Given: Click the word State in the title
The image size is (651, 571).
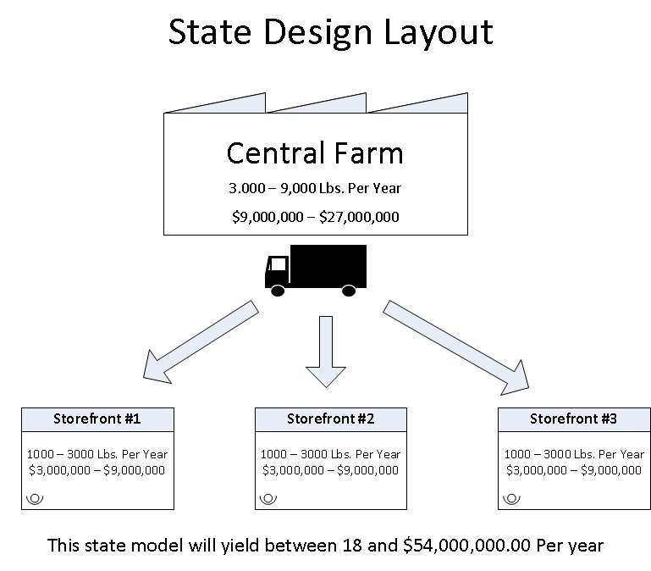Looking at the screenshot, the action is [x=210, y=31].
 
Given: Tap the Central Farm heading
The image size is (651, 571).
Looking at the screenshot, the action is [x=315, y=153].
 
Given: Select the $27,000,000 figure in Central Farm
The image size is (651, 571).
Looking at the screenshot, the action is [x=359, y=217].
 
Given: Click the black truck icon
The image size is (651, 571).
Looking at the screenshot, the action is [x=316, y=270].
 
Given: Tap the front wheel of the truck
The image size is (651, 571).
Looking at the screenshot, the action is [x=278, y=291].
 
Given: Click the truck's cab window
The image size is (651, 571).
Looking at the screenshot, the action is [x=279, y=264].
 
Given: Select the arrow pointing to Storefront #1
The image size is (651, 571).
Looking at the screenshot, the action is [x=201, y=341].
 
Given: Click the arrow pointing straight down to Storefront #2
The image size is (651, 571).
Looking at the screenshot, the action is [x=326, y=352].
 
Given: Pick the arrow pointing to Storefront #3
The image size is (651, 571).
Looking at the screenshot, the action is [x=455, y=348].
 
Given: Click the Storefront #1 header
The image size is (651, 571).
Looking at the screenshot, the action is [x=97, y=419].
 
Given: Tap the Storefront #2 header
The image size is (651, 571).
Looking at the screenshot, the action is [x=331, y=419].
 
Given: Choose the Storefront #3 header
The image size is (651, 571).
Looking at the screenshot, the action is [x=574, y=419].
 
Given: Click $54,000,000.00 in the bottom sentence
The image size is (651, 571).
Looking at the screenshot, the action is [x=466, y=546].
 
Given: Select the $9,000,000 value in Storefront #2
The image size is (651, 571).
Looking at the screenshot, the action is [x=367, y=470].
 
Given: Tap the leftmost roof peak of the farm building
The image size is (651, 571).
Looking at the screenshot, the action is [x=265, y=93].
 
